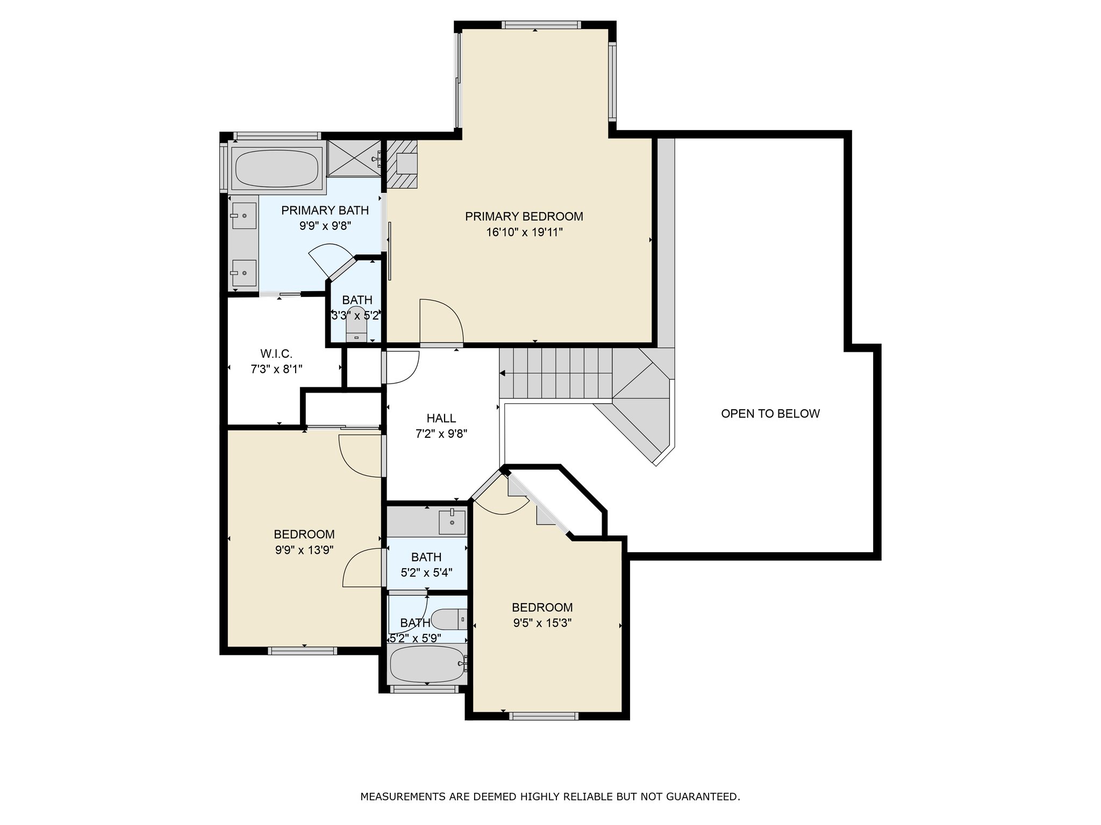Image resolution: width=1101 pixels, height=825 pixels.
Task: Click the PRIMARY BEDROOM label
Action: [x=524, y=216]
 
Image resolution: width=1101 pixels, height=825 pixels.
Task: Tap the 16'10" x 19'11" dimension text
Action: [x=524, y=232]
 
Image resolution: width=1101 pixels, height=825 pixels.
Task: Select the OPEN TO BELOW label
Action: [x=770, y=414]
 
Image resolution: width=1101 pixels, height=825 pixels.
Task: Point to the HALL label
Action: [x=441, y=418]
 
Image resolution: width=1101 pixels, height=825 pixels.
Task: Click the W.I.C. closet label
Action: [x=276, y=354]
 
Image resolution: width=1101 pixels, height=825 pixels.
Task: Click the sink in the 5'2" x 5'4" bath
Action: [x=452, y=521]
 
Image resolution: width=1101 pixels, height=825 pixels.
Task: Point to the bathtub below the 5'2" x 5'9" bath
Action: [x=427, y=664]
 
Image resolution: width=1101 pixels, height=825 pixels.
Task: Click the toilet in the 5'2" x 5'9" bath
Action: [x=450, y=619]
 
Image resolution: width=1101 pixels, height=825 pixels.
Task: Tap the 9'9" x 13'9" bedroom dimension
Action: [x=304, y=549]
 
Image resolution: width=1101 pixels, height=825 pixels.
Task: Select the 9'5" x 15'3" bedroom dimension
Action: [x=542, y=623]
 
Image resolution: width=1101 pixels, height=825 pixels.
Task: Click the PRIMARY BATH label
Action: [x=325, y=211]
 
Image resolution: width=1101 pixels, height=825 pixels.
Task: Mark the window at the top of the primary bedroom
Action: [x=541, y=25]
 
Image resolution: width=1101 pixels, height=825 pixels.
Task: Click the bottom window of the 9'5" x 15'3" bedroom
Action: [x=544, y=715]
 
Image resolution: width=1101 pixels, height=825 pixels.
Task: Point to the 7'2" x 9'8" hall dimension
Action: [x=441, y=434]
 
